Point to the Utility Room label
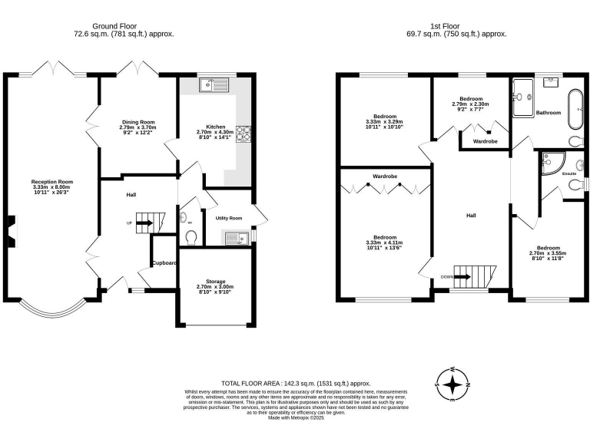coord(229,218)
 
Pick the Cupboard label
coord(164,263)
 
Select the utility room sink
coord(235,239)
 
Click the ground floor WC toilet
coord(191,236)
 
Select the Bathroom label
coord(549,113)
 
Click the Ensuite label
coord(569,174)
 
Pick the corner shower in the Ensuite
coord(552,162)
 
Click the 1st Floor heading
coord(456,25)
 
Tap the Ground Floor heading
coord(124,25)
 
